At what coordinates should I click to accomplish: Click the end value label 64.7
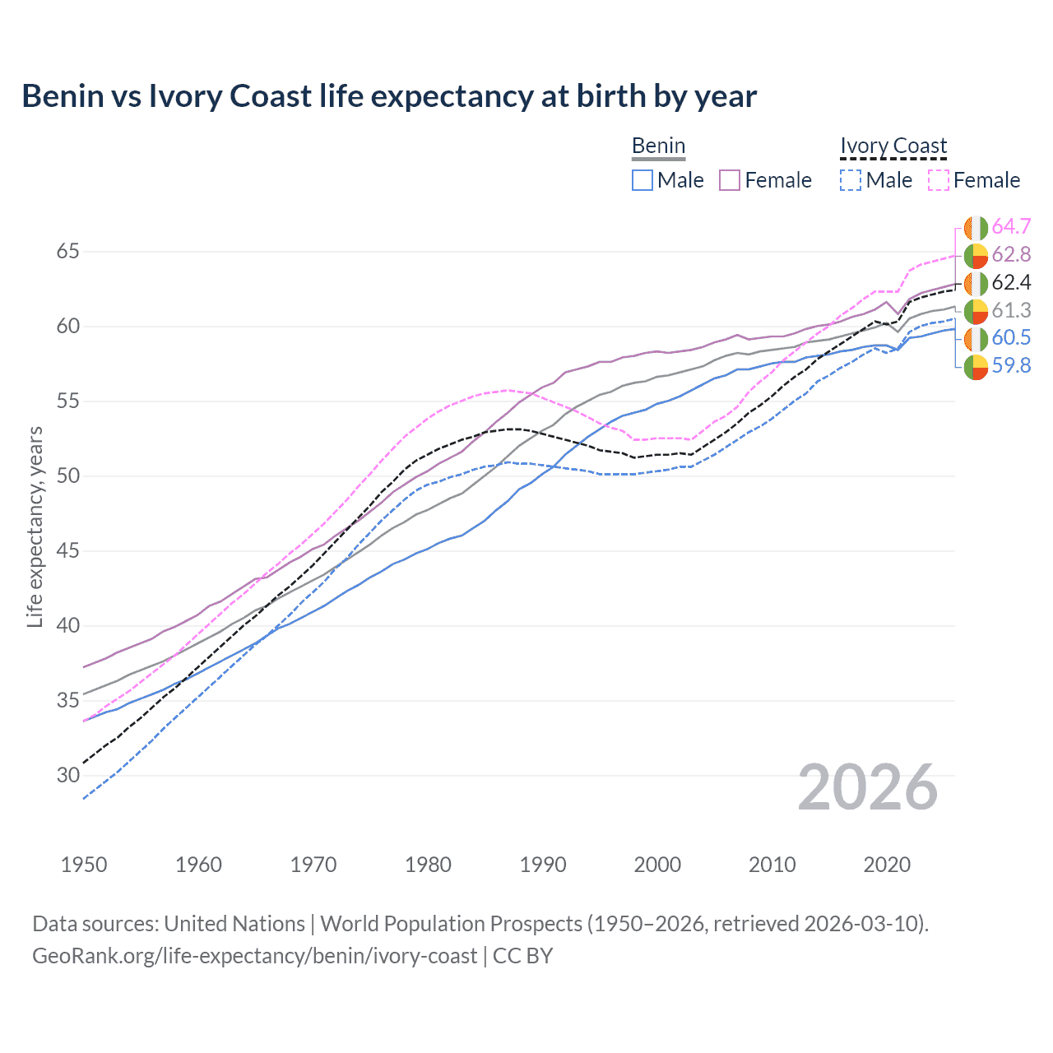point(1011,227)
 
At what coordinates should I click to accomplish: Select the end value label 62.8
point(1011,255)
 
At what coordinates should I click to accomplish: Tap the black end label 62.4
point(1011,283)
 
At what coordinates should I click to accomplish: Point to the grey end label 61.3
point(1011,311)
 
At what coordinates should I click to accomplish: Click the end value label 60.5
point(1011,338)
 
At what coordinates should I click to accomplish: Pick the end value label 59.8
point(1011,366)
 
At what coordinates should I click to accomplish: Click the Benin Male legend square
point(642,180)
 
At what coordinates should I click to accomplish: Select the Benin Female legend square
point(730,180)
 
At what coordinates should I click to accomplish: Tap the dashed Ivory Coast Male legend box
point(851,180)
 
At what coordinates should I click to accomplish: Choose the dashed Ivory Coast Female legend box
point(939,180)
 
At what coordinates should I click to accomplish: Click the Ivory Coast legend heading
point(893,146)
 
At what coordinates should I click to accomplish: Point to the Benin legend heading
point(658,146)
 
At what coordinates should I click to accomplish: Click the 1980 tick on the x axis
point(428,865)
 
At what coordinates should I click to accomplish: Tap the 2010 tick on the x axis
point(772,865)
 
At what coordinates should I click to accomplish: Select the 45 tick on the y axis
point(67,550)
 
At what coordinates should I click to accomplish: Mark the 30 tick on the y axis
point(67,775)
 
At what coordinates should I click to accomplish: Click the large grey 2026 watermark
point(867,788)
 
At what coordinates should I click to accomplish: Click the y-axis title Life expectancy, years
point(35,526)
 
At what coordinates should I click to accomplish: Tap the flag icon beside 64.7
point(976,228)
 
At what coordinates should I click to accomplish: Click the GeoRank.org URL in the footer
point(255,956)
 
